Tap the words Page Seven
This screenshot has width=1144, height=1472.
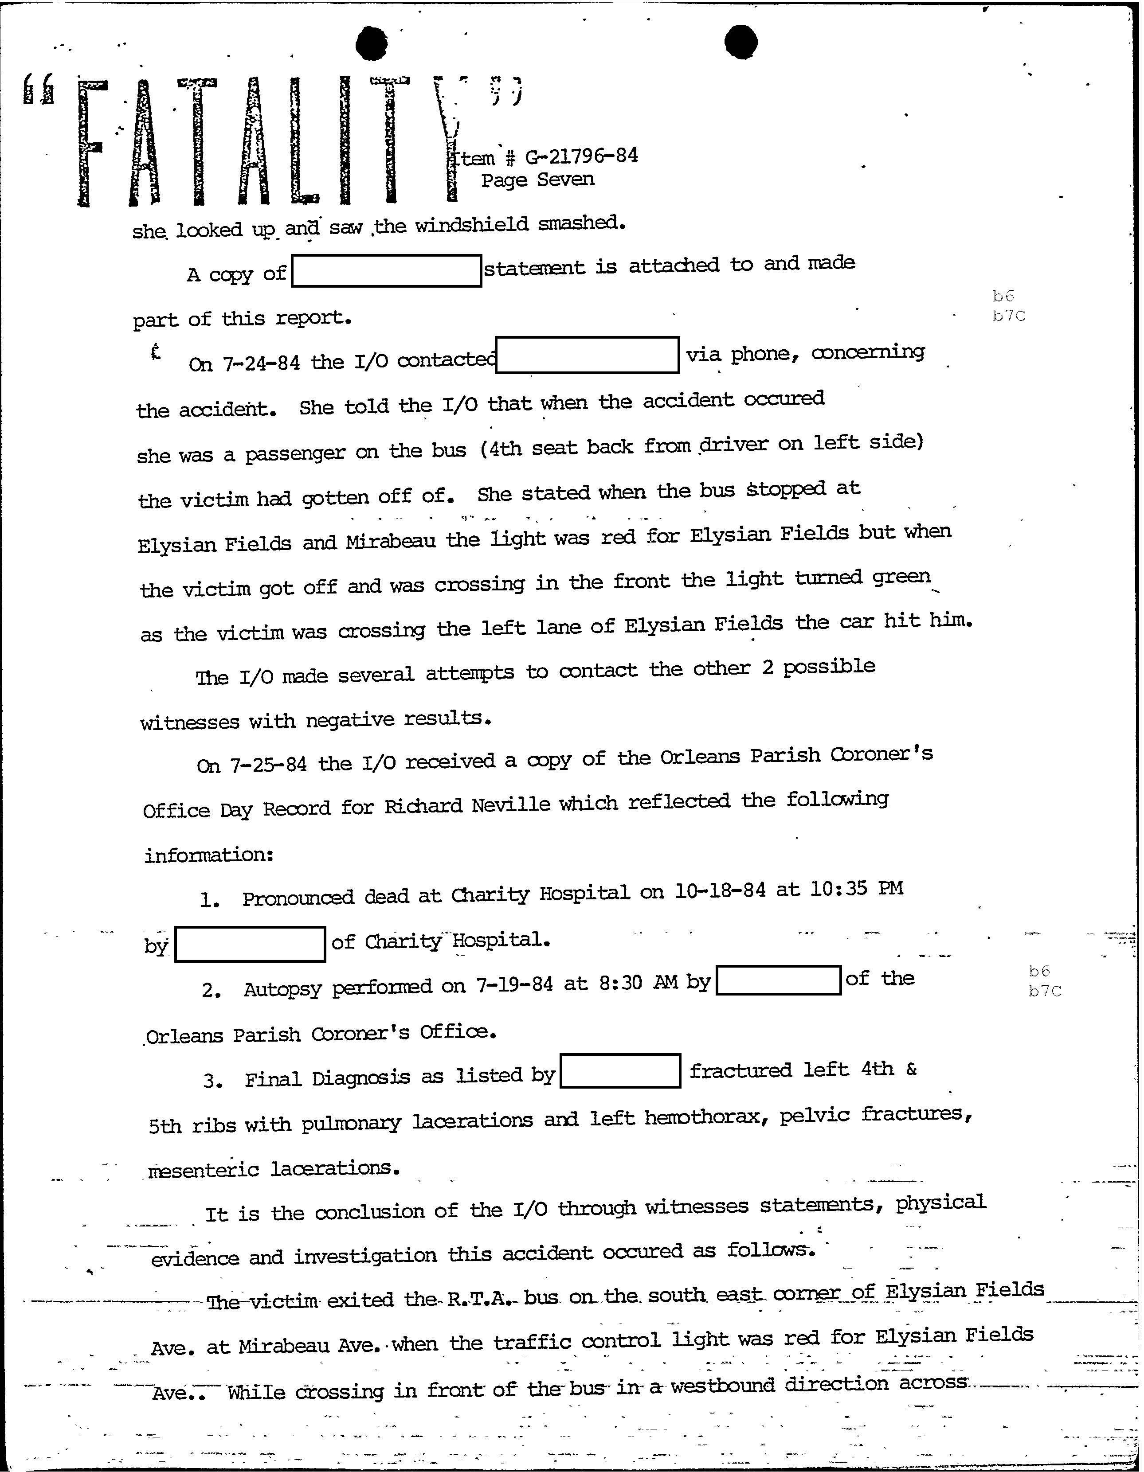[x=537, y=180]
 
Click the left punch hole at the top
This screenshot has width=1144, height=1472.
[x=372, y=44]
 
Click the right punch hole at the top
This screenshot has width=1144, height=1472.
[x=740, y=43]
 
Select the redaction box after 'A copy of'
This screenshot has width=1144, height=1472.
[x=386, y=271]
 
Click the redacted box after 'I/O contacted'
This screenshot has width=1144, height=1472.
[x=587, y=355]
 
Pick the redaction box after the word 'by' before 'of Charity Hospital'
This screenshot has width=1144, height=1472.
[x=250, y=944]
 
